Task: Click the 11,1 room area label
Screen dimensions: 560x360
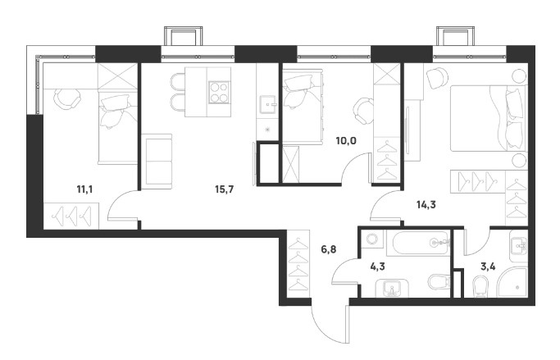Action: coord(84,189)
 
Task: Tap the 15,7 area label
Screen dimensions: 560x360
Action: coord(224,189)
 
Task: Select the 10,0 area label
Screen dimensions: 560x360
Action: coord(346,141)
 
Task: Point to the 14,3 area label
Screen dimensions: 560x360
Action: coord(426,205)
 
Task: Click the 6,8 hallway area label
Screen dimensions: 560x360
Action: coord(328,249)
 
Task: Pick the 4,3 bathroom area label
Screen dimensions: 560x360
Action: coord(377,267)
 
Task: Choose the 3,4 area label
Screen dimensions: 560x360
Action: coord(488,267)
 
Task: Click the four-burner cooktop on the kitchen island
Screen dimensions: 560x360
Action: coord(219,92)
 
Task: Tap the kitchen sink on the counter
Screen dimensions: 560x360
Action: coord(267,103)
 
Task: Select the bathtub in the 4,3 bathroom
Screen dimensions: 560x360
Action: coord(421,243)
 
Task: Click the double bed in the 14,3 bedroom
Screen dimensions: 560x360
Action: coord(489,118)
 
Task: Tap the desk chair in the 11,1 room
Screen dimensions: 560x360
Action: coord(67,100)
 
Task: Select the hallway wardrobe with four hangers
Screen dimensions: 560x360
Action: coord(298,265)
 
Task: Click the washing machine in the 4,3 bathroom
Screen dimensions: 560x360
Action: coord(372,239)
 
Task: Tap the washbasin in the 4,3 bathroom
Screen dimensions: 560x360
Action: coord(393,288)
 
